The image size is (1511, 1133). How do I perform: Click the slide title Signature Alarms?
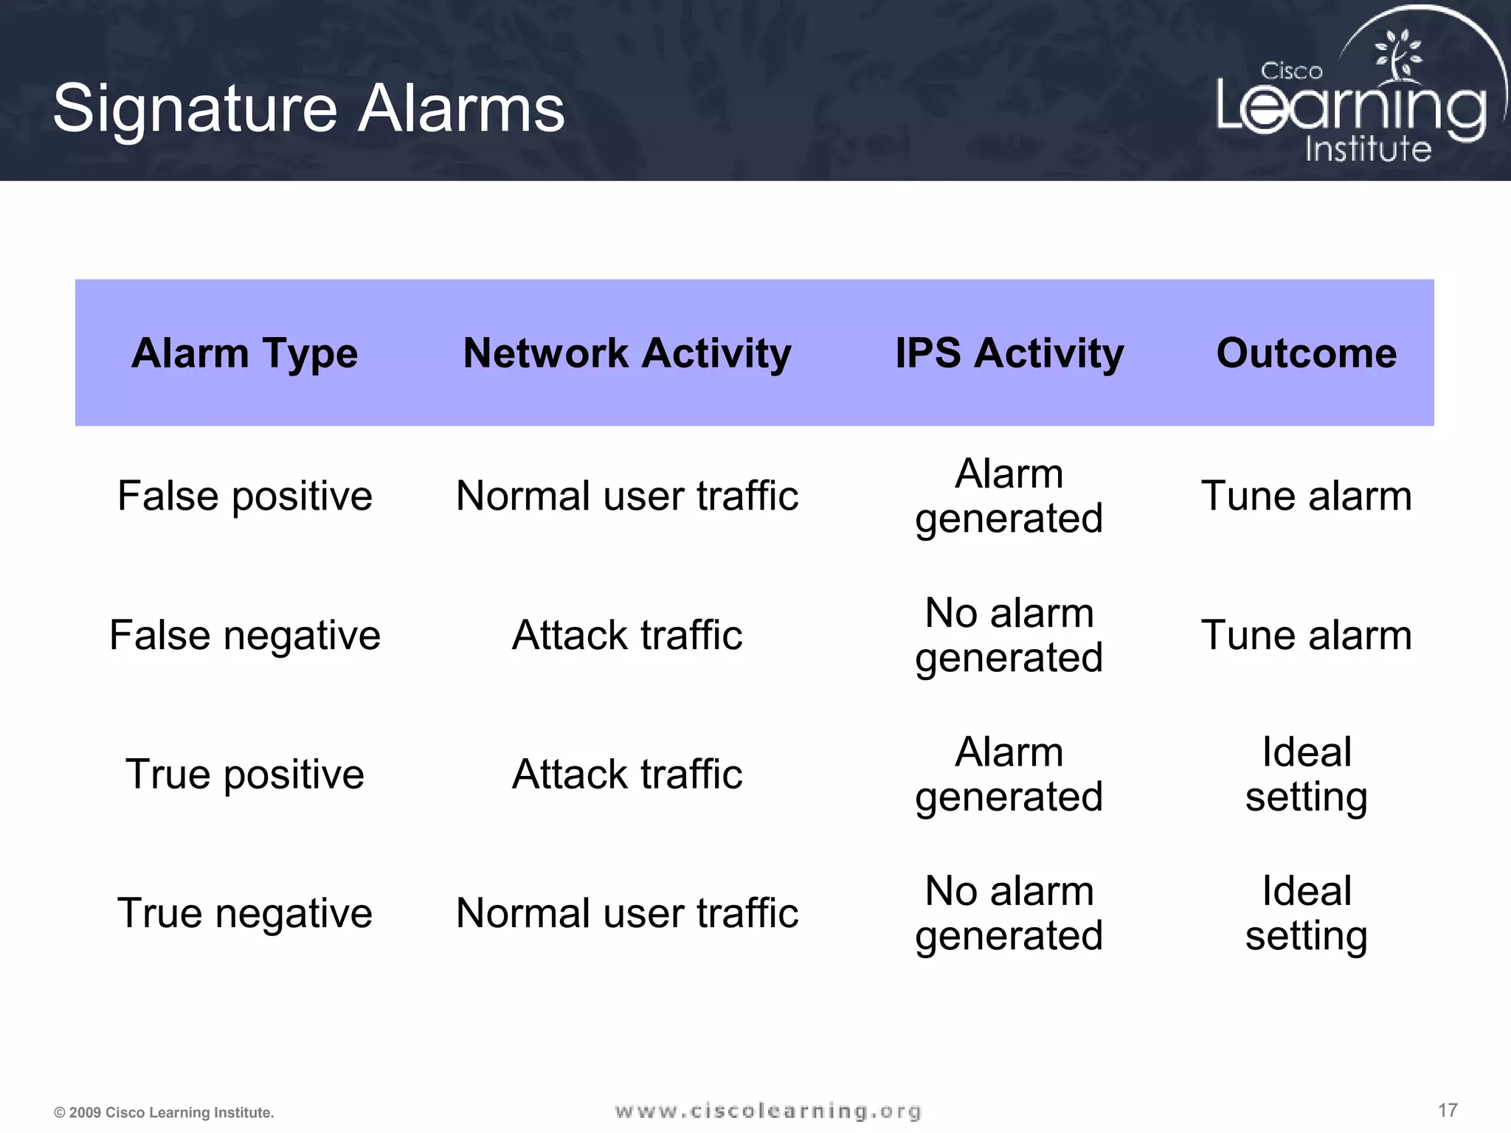(308, 109)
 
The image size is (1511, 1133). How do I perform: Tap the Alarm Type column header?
(244, 353)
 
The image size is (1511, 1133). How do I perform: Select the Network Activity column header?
(627, 353)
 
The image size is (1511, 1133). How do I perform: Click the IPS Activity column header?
(1009, 353)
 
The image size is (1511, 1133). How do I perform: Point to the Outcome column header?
(1306, 353)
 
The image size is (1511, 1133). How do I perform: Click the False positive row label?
(244, 496)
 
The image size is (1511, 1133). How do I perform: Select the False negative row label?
(244, 635)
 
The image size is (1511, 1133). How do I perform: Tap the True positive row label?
(244, 775)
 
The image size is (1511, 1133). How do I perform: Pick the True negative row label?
(244, 913)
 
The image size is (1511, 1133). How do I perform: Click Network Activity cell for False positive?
(627, 496)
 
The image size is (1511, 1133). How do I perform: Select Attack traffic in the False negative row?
(627, 635)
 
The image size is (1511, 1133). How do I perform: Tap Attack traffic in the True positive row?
(627, 775)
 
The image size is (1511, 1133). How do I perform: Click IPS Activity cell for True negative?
(1009, 913)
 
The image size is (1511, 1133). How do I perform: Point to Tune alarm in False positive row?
(1306, 496)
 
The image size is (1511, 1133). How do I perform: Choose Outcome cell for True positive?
(1306, 775)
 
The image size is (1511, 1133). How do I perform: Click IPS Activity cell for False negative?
(1009, 635)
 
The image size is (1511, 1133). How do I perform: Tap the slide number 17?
(1448, 1110)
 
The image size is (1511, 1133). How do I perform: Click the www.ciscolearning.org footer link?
(768, 1111)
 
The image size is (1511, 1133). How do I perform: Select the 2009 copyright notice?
(164, 1112)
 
